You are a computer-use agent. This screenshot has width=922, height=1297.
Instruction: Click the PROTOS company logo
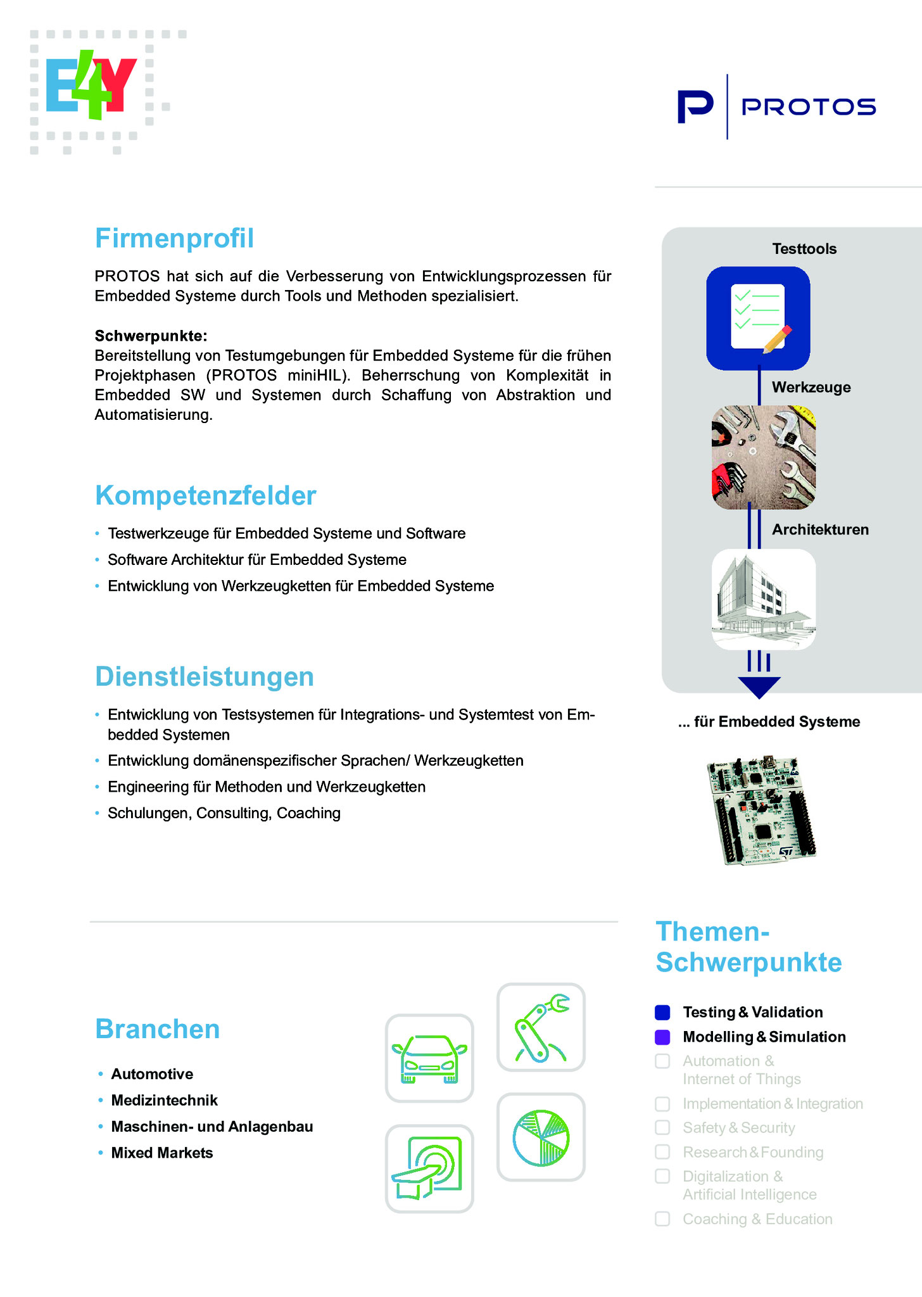(x=776, y=106)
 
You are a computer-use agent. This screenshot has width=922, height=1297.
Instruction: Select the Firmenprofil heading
(x=174, y=239)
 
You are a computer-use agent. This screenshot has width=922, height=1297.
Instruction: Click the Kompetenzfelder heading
(x=205, y=496)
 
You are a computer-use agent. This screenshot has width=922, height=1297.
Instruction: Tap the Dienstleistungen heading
(x=204, y=677)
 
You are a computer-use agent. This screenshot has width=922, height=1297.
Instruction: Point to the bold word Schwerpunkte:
(x=151, y=336)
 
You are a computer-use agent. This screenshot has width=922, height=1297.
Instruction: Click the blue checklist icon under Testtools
(x=758, y=318)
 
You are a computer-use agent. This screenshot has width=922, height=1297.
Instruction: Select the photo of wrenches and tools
(x=763, y=457)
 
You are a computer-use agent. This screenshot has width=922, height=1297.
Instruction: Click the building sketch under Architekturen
(x=763, y=599)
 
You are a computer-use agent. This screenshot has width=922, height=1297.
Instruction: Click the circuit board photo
(x=761, y=810)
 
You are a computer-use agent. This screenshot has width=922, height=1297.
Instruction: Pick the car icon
(x=429, y=1058)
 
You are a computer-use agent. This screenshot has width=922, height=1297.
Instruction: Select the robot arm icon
(x=541, y=1027)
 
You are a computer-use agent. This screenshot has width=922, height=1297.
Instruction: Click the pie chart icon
(x=541, y=1137)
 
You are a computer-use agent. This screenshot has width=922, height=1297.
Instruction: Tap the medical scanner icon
(x=429, y=1168)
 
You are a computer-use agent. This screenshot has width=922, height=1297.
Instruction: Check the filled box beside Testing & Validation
(x=662, y=1013)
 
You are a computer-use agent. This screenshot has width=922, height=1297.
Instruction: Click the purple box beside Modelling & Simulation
(x=662, y=1037)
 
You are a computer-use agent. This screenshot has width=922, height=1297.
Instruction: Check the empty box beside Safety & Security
(x=662, y=1128)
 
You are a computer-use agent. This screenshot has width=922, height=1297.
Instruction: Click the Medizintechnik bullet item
(x=164, y=1101)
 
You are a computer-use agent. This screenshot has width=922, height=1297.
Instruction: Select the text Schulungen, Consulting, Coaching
(x=224, y=813)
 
